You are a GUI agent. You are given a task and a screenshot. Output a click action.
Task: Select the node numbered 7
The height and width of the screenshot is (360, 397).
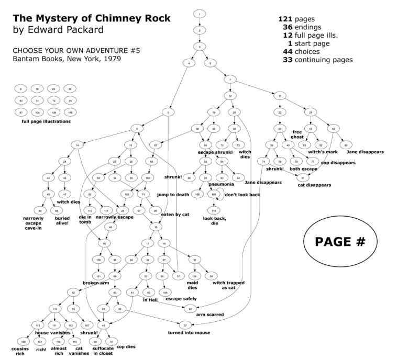click(x=230, y=79)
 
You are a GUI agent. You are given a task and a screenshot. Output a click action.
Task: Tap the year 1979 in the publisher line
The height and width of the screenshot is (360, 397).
click(x=111, y=60)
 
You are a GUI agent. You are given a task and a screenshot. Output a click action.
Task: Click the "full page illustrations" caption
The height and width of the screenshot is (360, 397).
click(x=46, y=121)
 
